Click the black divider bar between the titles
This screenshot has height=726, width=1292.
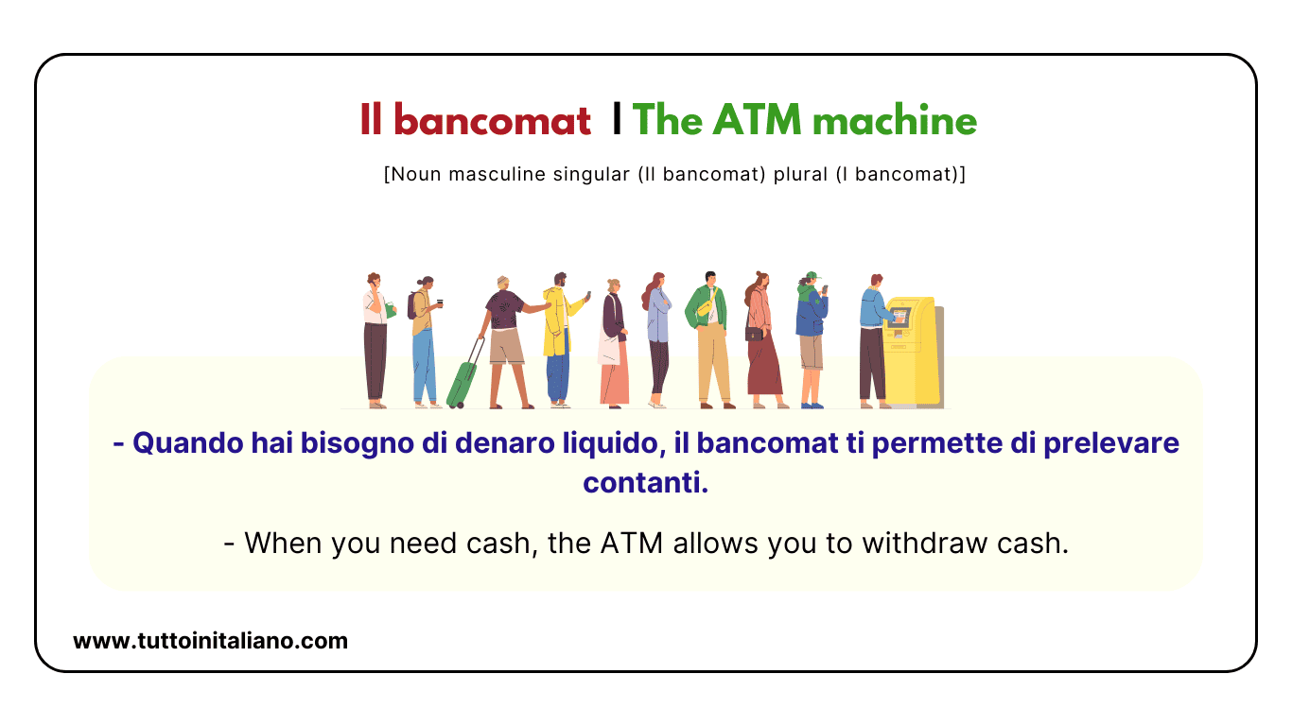[x=617, y=120]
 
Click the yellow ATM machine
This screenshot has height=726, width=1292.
[x=913, y=350]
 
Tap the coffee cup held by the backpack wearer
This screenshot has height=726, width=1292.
[x=440, y=302]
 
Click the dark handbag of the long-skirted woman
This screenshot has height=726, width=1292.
[x=753, y=334]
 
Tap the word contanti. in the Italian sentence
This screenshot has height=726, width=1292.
[x=645, y=483]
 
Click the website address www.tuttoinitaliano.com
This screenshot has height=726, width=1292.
[x=210, y=641]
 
